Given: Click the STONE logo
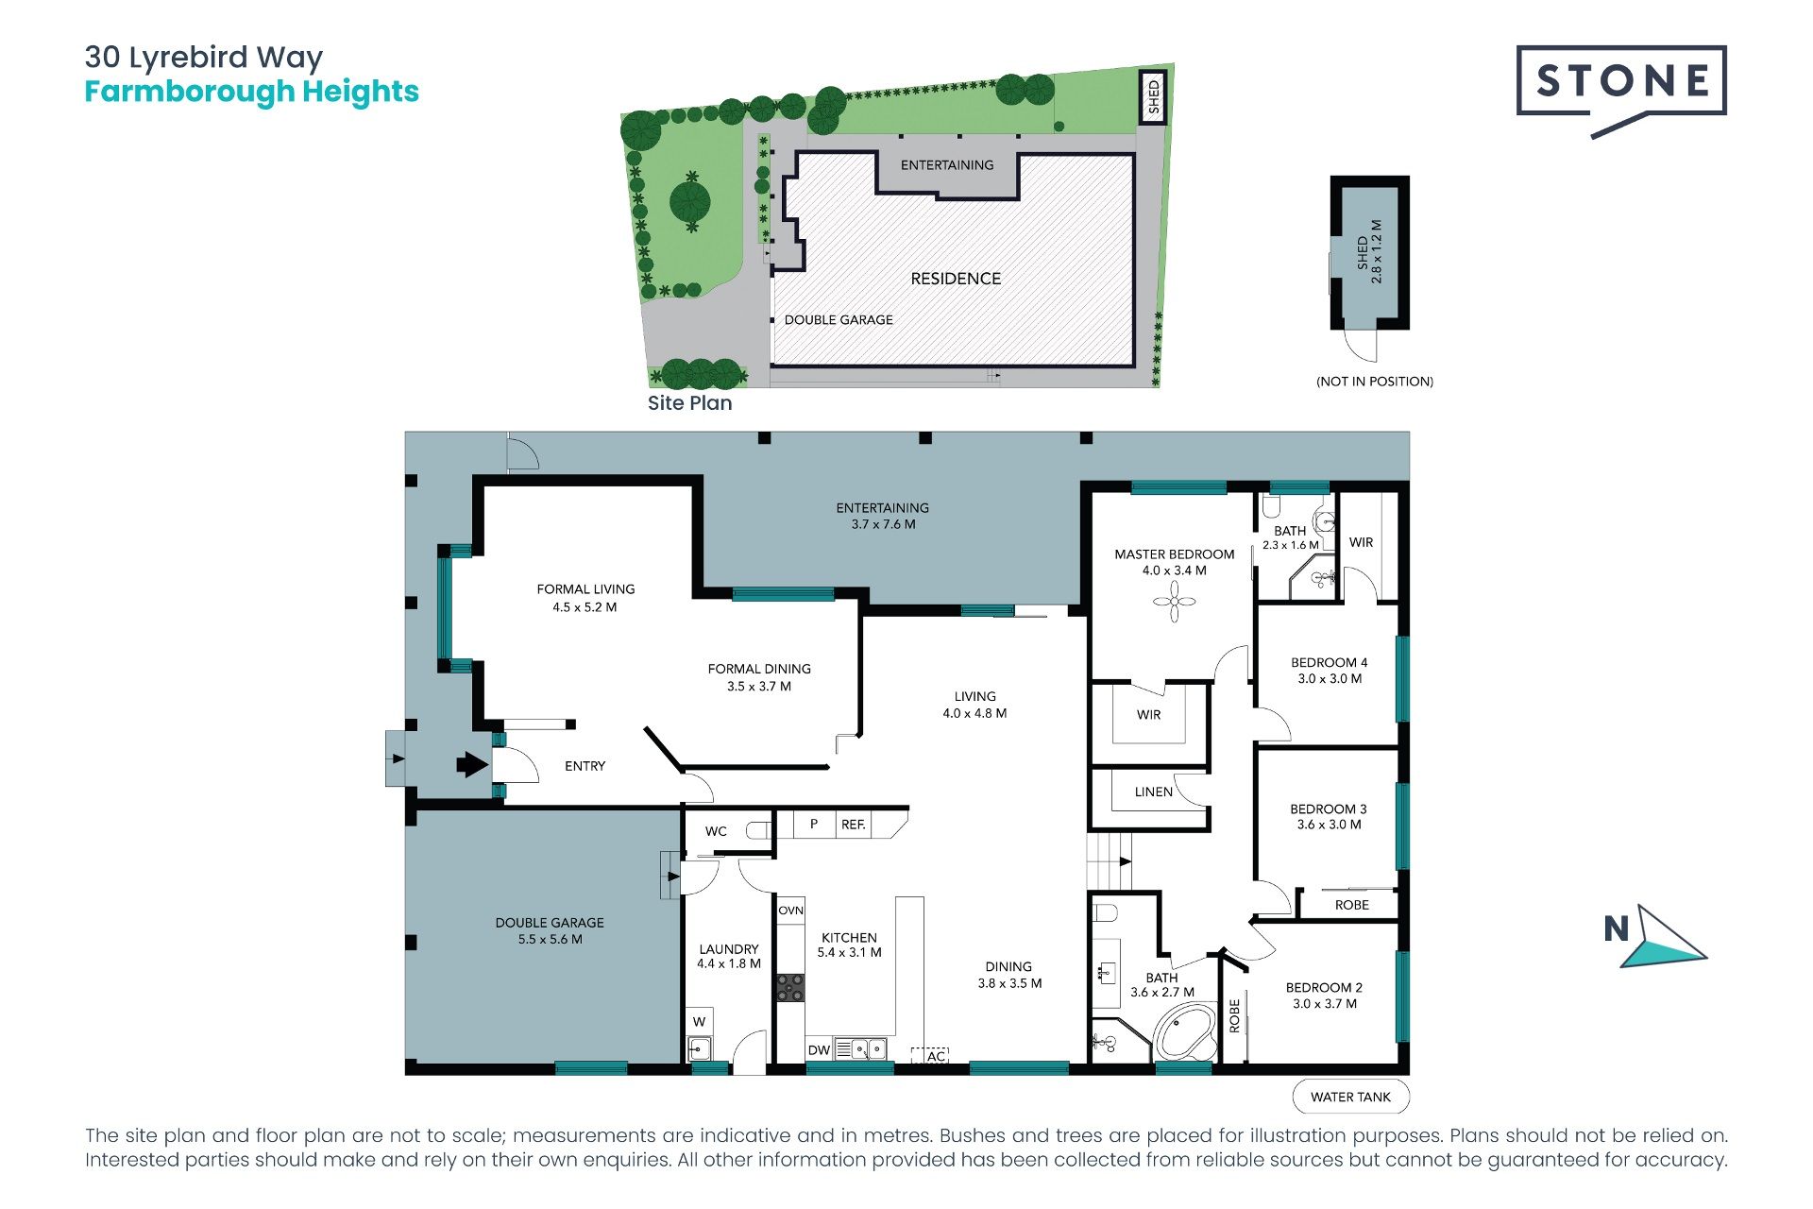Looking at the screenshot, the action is pyautogui.click(x=1621, y=90).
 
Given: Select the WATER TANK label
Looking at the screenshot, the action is pyautogui.click(x=1350, y=1097).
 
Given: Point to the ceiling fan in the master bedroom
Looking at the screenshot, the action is pyautogui.click(x=1175, y=602).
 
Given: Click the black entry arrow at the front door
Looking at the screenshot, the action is pyautogui.click(x=472, y=764).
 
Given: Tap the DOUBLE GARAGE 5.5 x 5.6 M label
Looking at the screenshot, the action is pyautogui.click(x=550, y=930).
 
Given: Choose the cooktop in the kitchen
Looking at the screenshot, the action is pyautogui.click(x=790, y=987).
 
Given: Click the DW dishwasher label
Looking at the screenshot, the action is pyautogui.click(x=819, y=1050).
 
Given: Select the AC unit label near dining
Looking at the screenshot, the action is pyautogui.click(x=936, y=1056).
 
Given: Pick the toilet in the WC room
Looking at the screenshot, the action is pyautogui.click(x=758, y=831).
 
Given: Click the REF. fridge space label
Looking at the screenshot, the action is pyautogui.click(x=854, y=825).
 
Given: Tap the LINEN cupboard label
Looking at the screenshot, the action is pyautogui.click(x=1154, y=792).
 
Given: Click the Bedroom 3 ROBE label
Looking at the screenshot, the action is pyautogui.click(x=1352, y=905).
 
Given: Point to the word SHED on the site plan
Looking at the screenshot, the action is pyautogui.click(x=1153, y=97).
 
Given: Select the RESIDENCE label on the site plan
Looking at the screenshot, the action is pyautogui.click(x=956, y=279).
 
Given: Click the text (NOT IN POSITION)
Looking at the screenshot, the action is pyautogui.click(x=1375, y=382).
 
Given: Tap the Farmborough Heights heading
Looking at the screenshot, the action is pyautogui.click(x=251, y=92).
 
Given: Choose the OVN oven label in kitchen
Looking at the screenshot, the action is pyautogui.click(x=791, y=911).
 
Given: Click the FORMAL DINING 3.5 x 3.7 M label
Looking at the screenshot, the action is pyautogui.click(x=759, y=677).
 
